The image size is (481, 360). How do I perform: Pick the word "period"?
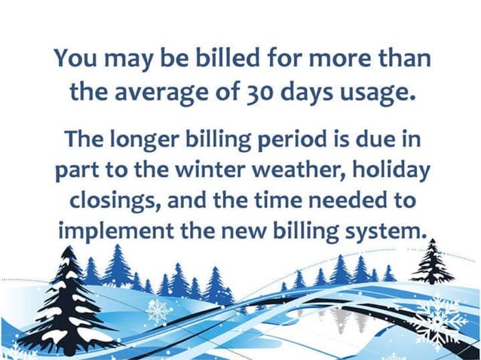(x=283, y=141)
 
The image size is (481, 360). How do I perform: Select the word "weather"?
(x=293, y=171)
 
